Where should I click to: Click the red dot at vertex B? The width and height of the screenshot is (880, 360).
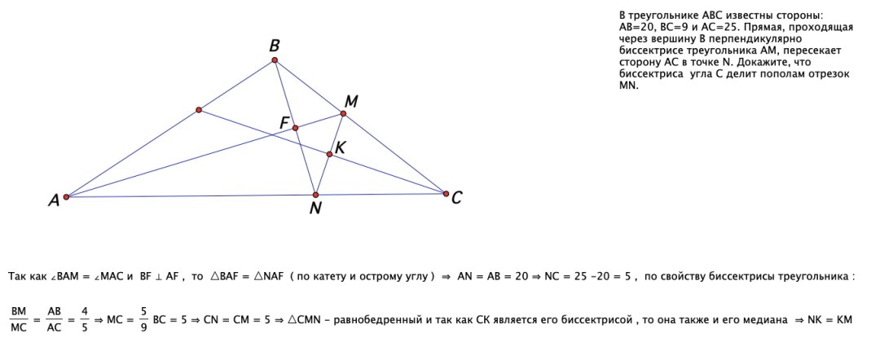275,60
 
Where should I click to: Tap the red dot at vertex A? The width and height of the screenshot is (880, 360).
66,197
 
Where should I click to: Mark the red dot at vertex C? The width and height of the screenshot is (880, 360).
446,194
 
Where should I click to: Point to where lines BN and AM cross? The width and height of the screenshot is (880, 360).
295,128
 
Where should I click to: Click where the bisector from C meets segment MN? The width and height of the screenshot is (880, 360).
329,154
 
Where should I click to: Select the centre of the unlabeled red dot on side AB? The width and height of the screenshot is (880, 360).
199,110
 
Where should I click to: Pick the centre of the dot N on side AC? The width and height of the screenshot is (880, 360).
315,195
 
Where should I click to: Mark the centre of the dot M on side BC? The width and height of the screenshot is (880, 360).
343,113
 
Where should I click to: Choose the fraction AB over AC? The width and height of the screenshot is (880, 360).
54,319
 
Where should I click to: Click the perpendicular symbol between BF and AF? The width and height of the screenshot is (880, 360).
159,276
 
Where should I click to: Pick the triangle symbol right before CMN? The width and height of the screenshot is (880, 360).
293,319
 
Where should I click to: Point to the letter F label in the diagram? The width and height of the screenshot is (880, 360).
284,122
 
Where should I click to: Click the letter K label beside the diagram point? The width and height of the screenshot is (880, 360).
340,148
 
